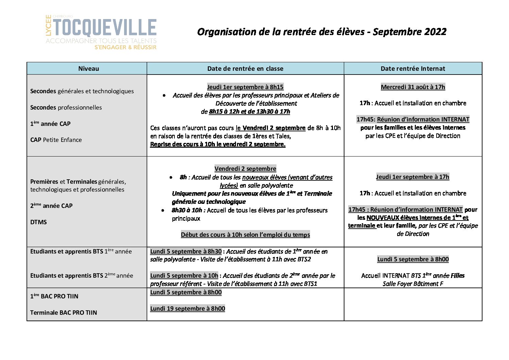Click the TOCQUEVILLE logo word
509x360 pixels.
point(105,28)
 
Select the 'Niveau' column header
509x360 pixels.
point(88,69)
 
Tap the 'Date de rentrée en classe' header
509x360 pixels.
point(245,69)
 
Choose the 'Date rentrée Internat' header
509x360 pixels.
point(413,69)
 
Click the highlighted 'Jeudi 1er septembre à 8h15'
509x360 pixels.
point(245,87)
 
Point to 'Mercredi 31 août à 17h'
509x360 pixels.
point(413,87)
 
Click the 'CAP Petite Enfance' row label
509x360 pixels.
point(56,140)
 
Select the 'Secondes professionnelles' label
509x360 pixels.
point(66,108)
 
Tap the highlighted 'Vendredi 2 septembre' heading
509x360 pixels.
point(245,169)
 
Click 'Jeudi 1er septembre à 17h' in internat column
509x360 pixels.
point(412,177)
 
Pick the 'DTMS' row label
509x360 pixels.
point(38,222)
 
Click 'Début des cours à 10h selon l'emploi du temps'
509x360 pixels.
point(245,235)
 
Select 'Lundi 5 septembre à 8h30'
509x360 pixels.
point(186,251)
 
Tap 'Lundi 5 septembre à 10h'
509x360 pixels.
point(184,276)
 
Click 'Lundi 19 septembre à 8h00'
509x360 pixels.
point(187,309)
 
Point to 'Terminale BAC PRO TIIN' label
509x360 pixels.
point(64,313)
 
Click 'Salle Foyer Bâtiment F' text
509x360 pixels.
point(413,284)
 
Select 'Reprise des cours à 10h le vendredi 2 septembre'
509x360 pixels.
point(218,144)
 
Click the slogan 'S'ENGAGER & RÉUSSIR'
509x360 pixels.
point(125,48)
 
